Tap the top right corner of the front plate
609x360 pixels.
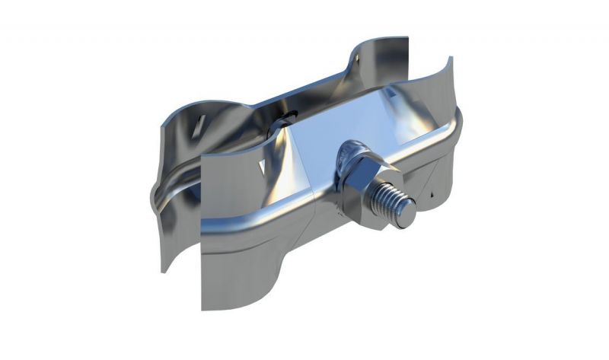click(451, 59)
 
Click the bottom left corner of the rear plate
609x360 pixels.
click(163, 271)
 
